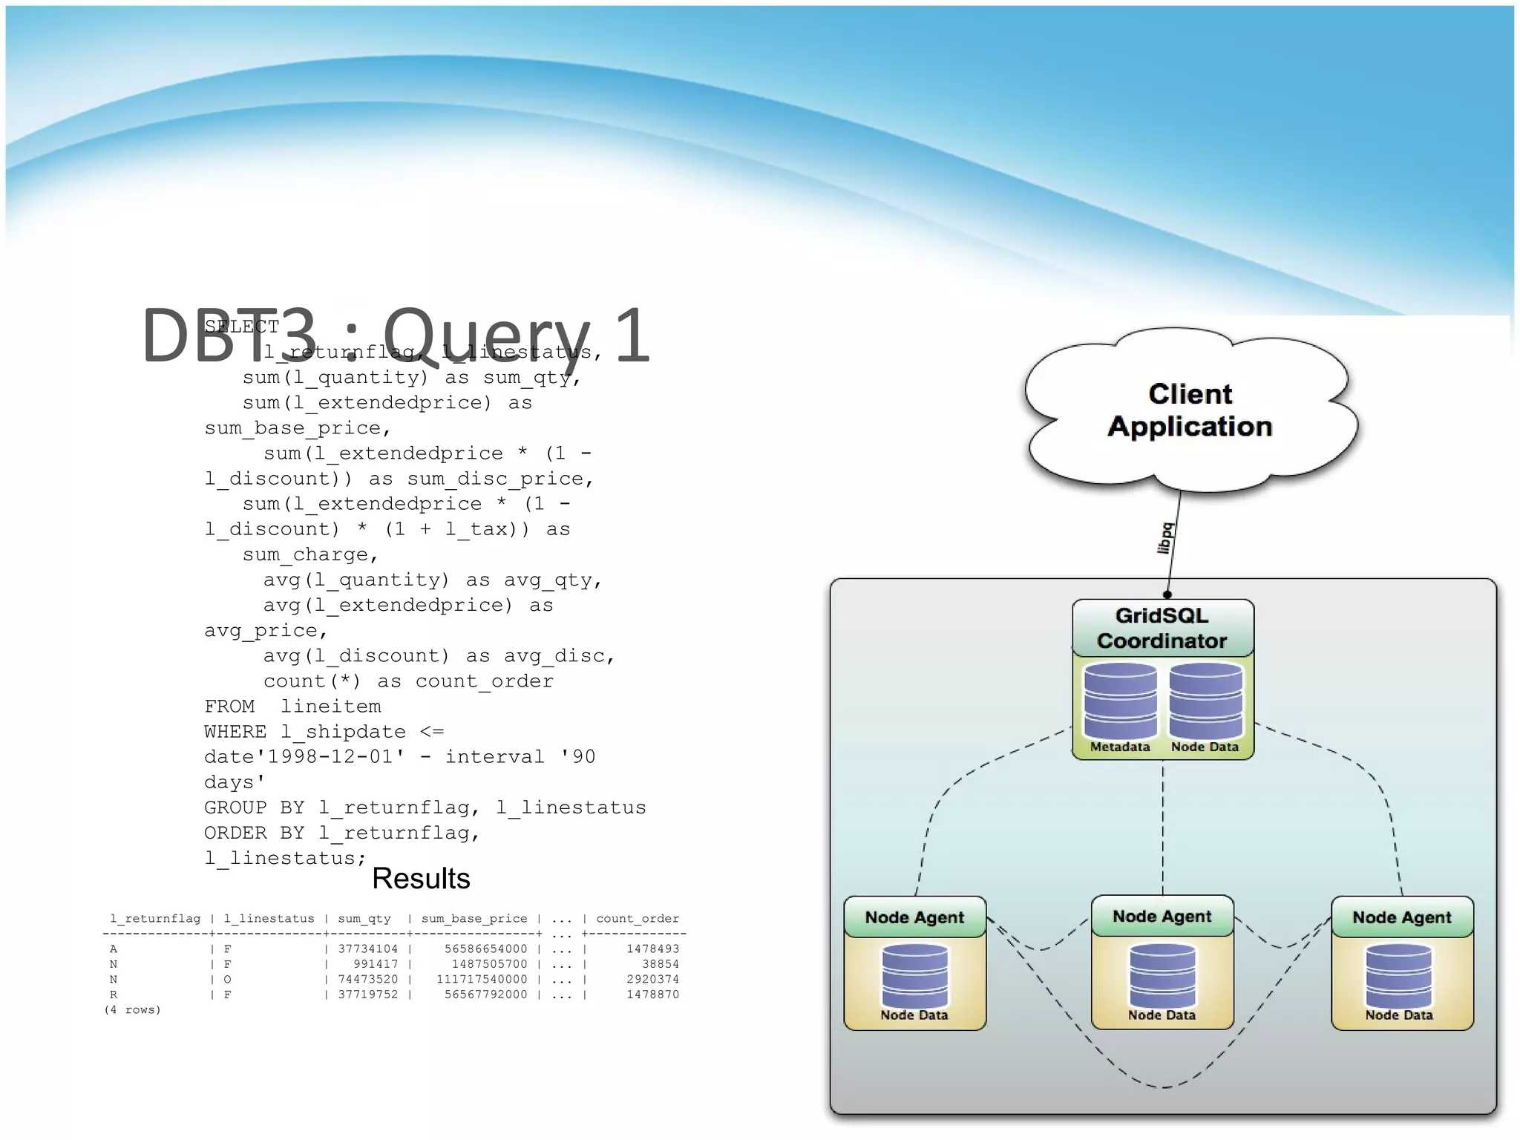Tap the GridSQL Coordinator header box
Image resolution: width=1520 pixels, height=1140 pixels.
(1162, 628)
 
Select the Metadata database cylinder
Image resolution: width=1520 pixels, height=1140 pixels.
(1120, 701)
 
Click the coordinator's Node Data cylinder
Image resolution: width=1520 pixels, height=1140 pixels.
(1205, 701)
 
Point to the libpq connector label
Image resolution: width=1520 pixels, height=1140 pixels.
(1166, 538)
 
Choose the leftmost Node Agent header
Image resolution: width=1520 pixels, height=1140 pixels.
(914, 917)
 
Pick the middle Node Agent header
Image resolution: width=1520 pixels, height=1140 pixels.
(1162, 917)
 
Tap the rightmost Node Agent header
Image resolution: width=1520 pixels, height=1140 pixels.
(1401, 917)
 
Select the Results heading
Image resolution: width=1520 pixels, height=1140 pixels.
(421, 879)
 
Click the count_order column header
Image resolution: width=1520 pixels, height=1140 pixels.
(638, 919)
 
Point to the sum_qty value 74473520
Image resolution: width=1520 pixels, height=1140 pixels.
(368, 979)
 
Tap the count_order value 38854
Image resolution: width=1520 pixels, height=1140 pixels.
(660, 964)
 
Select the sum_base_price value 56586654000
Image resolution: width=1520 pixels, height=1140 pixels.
(486, 949)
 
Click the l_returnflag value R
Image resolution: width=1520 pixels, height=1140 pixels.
(114, 995)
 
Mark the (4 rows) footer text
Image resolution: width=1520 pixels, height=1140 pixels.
(133, 1010)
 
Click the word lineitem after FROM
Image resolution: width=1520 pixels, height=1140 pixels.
(330, 707)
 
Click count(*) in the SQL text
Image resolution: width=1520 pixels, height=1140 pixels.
(312, 681)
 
